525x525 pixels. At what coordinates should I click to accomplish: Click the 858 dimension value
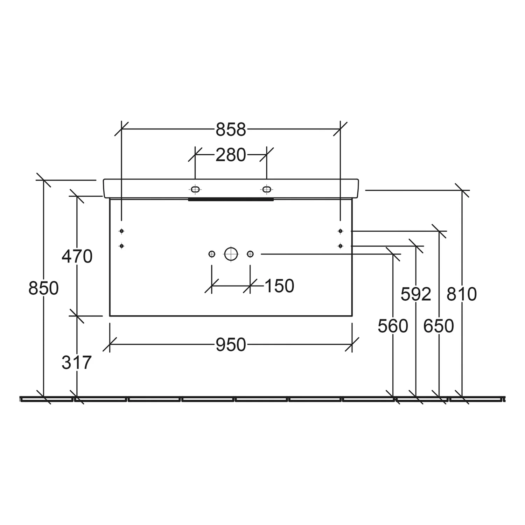click(x=231, y=129)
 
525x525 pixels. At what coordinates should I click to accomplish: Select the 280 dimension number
click(x=231, y=155)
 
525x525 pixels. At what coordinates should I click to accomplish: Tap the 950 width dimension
click(x=231, y=345)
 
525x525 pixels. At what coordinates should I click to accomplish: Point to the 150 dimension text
click(x=279, y=286)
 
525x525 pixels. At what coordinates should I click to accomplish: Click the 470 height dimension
click(x=77, y=256)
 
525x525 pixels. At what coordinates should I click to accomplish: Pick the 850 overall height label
click(x=43, y=289)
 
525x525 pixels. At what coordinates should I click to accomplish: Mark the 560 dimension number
click(x=393, y=326)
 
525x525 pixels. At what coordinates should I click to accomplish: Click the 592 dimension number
click(x=416, y=294)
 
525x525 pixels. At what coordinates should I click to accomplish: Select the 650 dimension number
click(x=439, y=326)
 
